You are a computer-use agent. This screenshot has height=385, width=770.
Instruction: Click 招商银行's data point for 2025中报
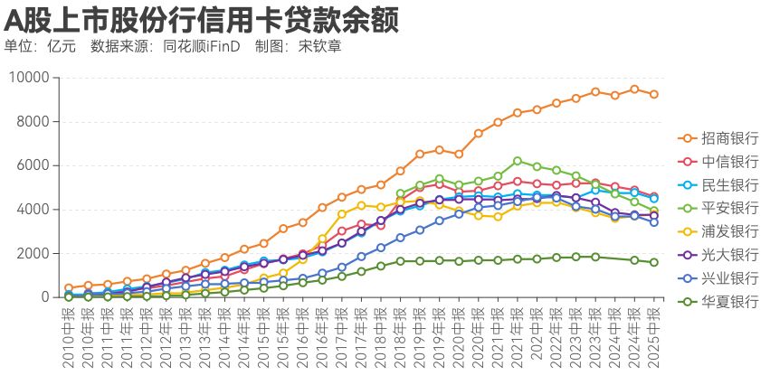click(x=654, y=94)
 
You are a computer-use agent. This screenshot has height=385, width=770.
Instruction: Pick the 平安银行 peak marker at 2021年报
click(x=517, y=161)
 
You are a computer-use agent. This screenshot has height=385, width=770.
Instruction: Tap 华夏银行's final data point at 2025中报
click(x=654, y=262)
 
